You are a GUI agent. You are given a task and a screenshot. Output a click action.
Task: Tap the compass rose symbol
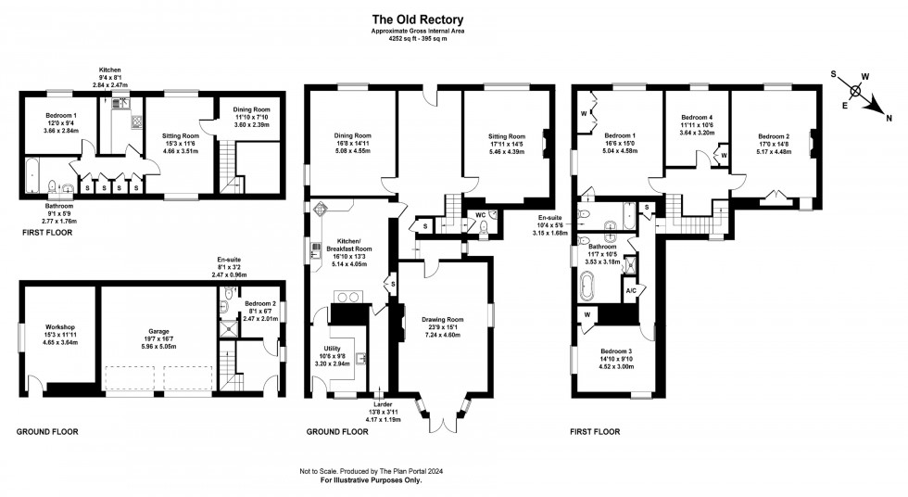[x=858, y=92]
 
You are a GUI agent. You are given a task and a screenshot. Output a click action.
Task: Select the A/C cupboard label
[x=630, y=291]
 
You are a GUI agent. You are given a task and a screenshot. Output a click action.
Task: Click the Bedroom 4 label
[x=696, y=118]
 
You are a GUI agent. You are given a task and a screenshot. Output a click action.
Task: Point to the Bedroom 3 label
[x=613, y=351]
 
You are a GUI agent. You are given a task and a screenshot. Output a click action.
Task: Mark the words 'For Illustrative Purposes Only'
[x=371, y=480]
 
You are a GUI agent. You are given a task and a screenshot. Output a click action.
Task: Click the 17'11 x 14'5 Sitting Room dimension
[x=506, y=144]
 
